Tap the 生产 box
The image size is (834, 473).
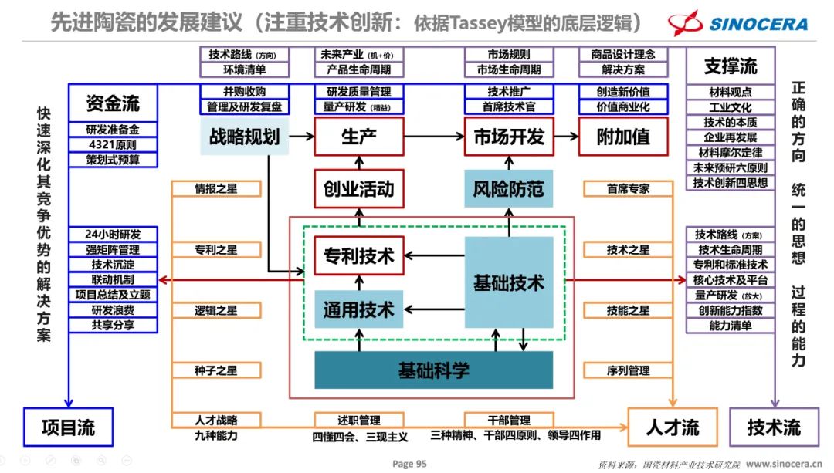point(359,137)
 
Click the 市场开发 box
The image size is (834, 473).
point(509,137)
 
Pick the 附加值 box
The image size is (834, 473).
point(623,137)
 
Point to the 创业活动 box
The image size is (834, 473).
point(359,188)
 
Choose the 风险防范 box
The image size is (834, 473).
point(509,188)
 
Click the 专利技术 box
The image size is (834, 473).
point(359,255)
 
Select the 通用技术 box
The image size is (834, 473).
point(359,309)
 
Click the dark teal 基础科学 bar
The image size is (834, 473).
point(433,370)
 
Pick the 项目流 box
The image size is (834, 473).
point(69,427)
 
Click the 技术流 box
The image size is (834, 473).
point(774,427)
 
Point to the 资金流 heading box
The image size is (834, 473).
point(113,103)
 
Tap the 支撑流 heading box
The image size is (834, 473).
point(731,66)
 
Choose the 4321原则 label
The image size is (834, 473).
point(113,145)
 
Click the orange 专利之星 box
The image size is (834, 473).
point(216,250)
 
